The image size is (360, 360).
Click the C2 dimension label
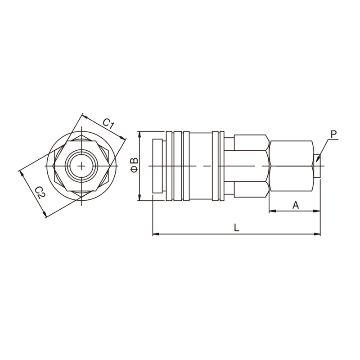click(x=40, y=192)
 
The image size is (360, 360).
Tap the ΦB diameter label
click(x=134, y=165)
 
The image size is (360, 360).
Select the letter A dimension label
click(x=296, y=205)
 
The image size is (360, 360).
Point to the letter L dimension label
click(x=237, y=228)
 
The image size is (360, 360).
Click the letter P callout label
click(x=333, y=134)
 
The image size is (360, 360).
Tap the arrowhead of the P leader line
click(x=318, y=159)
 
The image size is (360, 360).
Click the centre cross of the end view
click(x=81, y=166)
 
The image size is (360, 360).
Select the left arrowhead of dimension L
click(x=156, y=234)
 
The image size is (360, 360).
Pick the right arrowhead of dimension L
click(x=317, y=234)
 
